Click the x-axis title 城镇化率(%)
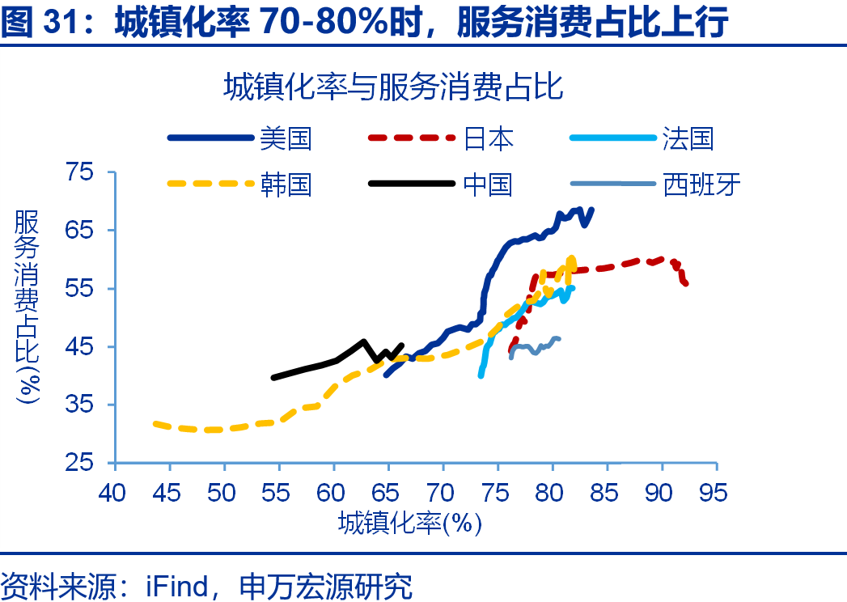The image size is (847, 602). coord(410,522)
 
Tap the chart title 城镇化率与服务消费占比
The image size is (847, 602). coord(393,87)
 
